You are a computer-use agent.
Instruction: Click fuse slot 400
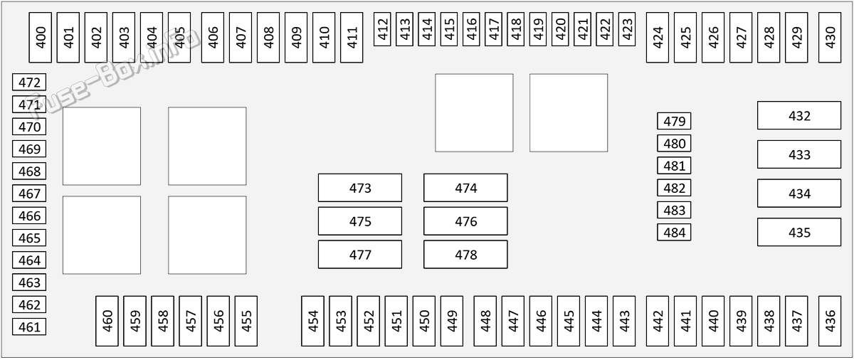click(x=41, y=37)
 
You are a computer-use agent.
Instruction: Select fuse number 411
click(x=352, y=37)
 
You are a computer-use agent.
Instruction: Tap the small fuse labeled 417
click(x=493, y=29)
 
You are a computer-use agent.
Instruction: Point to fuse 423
click(x=627, y=29)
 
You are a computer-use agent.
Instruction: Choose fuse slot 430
click(x=830, y=37)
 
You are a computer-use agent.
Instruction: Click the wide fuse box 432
click(x=799, y=115)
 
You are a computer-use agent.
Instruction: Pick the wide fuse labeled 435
click(x=799, y=232)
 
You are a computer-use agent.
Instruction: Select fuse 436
click(x=830, y=321)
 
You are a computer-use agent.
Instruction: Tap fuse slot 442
click(x=658, y=321)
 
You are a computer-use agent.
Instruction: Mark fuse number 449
click(x=452, y=321)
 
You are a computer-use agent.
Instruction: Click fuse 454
click(x=312, y=321)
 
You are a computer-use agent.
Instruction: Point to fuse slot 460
click(x=107, y=321)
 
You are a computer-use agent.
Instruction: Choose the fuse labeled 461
click(x=29, y=327)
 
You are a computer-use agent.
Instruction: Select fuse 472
click(x=29, y=83)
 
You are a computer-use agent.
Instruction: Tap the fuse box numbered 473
click(x=360, y=188)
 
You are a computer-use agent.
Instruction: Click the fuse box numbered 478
click(x=465, y=255)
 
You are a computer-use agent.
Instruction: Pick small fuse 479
click(x=674, y=121)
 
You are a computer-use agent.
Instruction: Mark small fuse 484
click(x=674, y=233)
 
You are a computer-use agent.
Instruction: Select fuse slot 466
click(x=29, y=216)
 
